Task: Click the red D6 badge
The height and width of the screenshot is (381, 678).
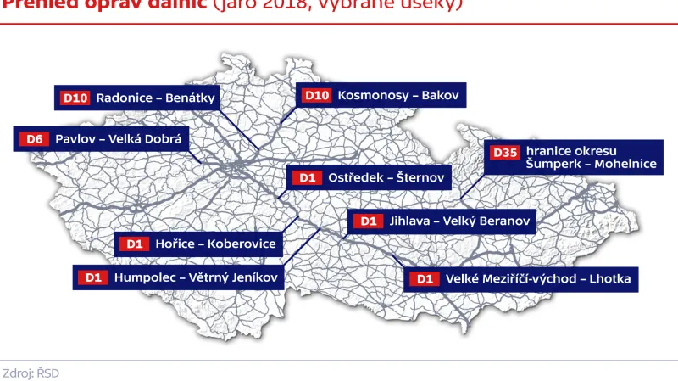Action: tap(35, 138)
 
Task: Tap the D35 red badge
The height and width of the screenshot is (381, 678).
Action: tap(504, 153)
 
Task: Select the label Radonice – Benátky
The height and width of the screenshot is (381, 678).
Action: tap(156, 98)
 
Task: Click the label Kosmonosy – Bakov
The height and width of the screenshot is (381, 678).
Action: tap(397, 96)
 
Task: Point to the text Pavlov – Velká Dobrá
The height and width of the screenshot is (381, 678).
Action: tap(119, 138)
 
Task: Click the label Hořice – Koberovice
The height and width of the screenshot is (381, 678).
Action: tap(216, 244)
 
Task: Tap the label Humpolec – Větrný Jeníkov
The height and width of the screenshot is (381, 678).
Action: tap(196, 277)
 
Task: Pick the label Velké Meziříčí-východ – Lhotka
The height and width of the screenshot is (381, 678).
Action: tap(537, 278)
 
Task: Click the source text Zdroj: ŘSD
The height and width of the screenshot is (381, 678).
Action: tap(31, 373)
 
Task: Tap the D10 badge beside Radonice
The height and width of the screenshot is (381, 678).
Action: tap(75, 98)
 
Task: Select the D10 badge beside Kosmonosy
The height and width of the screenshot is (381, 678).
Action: tap(317, 96)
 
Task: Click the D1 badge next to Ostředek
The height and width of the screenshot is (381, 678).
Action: tap(306, 178)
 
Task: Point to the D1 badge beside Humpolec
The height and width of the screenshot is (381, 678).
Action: tap(93, 277)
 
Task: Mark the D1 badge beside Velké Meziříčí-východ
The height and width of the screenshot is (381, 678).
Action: tap(425, 278)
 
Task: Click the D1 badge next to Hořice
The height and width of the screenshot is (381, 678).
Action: tap(134, 244)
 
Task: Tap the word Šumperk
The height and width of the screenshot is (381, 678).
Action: tap(552, 165)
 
